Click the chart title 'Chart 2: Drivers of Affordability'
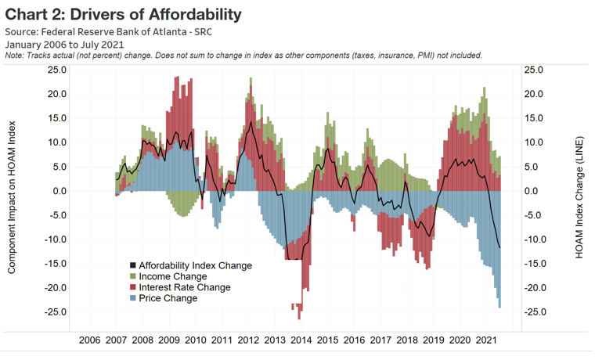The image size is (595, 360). (123, 14)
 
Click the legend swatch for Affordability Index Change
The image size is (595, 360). (132, 265)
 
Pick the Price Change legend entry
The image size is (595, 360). (167, 298)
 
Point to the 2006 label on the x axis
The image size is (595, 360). (90, 340)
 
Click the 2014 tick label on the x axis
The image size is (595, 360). (301, 340)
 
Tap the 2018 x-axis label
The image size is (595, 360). (406, 340)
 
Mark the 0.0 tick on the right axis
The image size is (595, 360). (535, 191)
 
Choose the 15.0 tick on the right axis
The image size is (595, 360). (535, 118)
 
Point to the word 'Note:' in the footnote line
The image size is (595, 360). (15, 56)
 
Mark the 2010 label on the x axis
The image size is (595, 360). (195, 340)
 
